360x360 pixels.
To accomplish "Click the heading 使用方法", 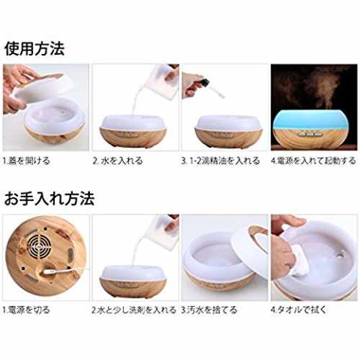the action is click(35, 49).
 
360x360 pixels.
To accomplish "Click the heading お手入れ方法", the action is click(49, 199).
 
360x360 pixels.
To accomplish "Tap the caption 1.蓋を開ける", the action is click(27, 161).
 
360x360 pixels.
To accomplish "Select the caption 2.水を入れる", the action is click(117, 161).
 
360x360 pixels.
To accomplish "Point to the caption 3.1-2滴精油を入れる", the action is click(220, 161).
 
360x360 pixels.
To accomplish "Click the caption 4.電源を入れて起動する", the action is click(313, 161).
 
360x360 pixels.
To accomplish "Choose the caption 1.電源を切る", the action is click(27, 310).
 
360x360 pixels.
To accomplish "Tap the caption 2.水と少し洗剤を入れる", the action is click(134, 310).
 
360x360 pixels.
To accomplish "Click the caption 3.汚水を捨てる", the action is click(209, 310).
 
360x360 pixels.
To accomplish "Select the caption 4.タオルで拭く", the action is click(299, 310).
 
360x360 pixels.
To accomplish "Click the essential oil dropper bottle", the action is click(211, 89).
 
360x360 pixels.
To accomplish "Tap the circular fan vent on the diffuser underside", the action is click(40, 244).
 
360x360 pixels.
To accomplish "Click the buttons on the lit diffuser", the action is click(308, 134).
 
